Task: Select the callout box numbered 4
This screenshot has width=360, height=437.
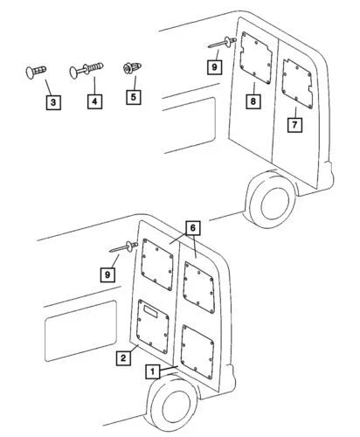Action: (x=93, y=102)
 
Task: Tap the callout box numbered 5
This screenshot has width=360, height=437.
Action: (x=133, y=96)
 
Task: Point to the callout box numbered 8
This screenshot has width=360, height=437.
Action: (x=252, y=101)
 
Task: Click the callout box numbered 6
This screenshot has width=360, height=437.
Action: (x=192, y=226)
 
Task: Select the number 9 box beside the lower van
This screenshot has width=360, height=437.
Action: (x=108, y=274)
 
